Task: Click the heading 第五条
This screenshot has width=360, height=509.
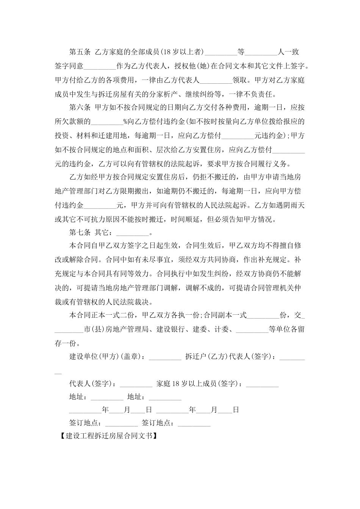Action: (x=80, y=52)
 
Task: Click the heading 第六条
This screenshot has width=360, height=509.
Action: (x=80, y=108)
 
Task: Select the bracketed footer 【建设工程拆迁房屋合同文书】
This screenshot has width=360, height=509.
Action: (x=108, y=436)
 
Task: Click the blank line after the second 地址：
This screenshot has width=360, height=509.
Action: (x=165, y=398)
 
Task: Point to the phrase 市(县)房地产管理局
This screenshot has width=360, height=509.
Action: (x=118, y=329)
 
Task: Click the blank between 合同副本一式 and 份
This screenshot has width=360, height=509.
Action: (x=263, y=315)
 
